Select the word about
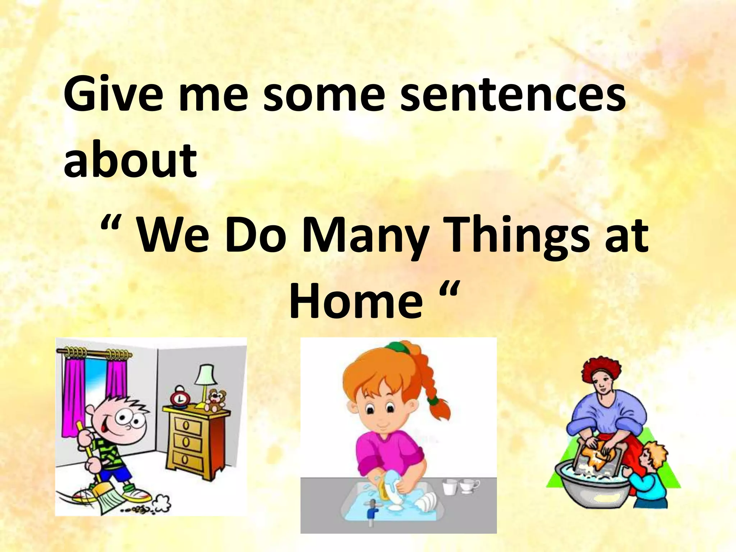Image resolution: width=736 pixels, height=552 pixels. coord(130,160)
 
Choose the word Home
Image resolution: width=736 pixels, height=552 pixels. coord(356,300)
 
